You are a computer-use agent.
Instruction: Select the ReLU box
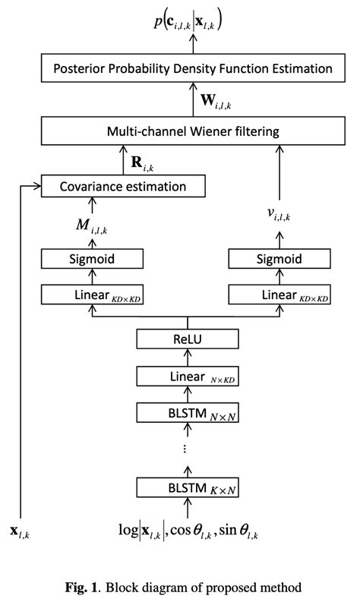185,339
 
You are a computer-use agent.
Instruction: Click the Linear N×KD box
185,376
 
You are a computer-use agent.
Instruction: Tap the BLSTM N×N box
185,413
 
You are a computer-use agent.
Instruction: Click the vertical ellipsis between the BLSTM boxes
185,449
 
